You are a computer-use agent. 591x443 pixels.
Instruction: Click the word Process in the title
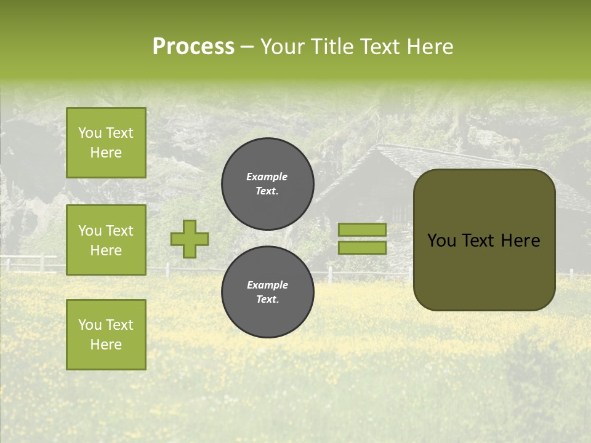tap(193, 47)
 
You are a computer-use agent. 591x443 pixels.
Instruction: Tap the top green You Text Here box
tap(106, 143)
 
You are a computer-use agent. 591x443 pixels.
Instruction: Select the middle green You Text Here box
tap(106, 240)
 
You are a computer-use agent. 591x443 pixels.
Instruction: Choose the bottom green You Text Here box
tap(106, 335)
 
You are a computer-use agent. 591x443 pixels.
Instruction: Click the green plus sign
tap(190, 239)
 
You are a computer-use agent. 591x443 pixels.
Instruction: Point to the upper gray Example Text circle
tap(268, 184)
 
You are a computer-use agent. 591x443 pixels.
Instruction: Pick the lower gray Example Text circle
tap(268, 292)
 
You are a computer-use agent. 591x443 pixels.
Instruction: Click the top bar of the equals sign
tap(362, 230)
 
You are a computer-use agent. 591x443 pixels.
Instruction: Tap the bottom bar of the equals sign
tap(362, 248)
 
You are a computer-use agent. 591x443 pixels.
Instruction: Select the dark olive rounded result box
tap(484, 240)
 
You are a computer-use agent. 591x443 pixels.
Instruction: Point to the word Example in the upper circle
tap(267, 177)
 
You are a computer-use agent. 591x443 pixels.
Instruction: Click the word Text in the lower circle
tap(267, 299)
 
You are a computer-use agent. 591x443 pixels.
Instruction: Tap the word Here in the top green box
tap(106, 153)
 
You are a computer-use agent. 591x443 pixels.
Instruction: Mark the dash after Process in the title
tap(247, 47)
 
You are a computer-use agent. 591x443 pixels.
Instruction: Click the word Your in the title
tap(281, 47)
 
